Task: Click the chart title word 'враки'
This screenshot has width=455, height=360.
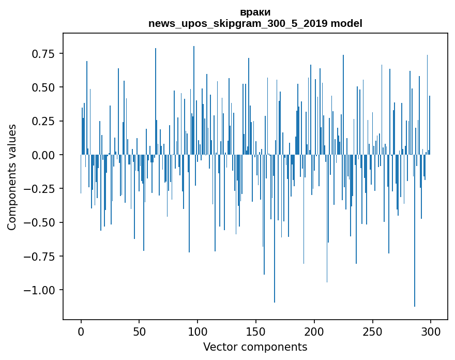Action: [x=255, y=12]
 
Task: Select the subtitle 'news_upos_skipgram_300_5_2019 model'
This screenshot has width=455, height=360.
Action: [x=255, y=23]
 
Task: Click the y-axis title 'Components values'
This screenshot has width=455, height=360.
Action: [x=12, y=177]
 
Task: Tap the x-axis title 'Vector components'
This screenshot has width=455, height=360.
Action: [x=255, y=347]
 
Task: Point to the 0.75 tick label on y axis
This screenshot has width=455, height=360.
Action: [x=43, y=54]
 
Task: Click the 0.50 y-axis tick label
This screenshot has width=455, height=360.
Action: [x=43, y=87]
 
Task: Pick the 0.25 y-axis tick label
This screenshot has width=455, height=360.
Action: [x=43, y=121]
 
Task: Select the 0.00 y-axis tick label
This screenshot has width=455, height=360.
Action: [x=43, y=155]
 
